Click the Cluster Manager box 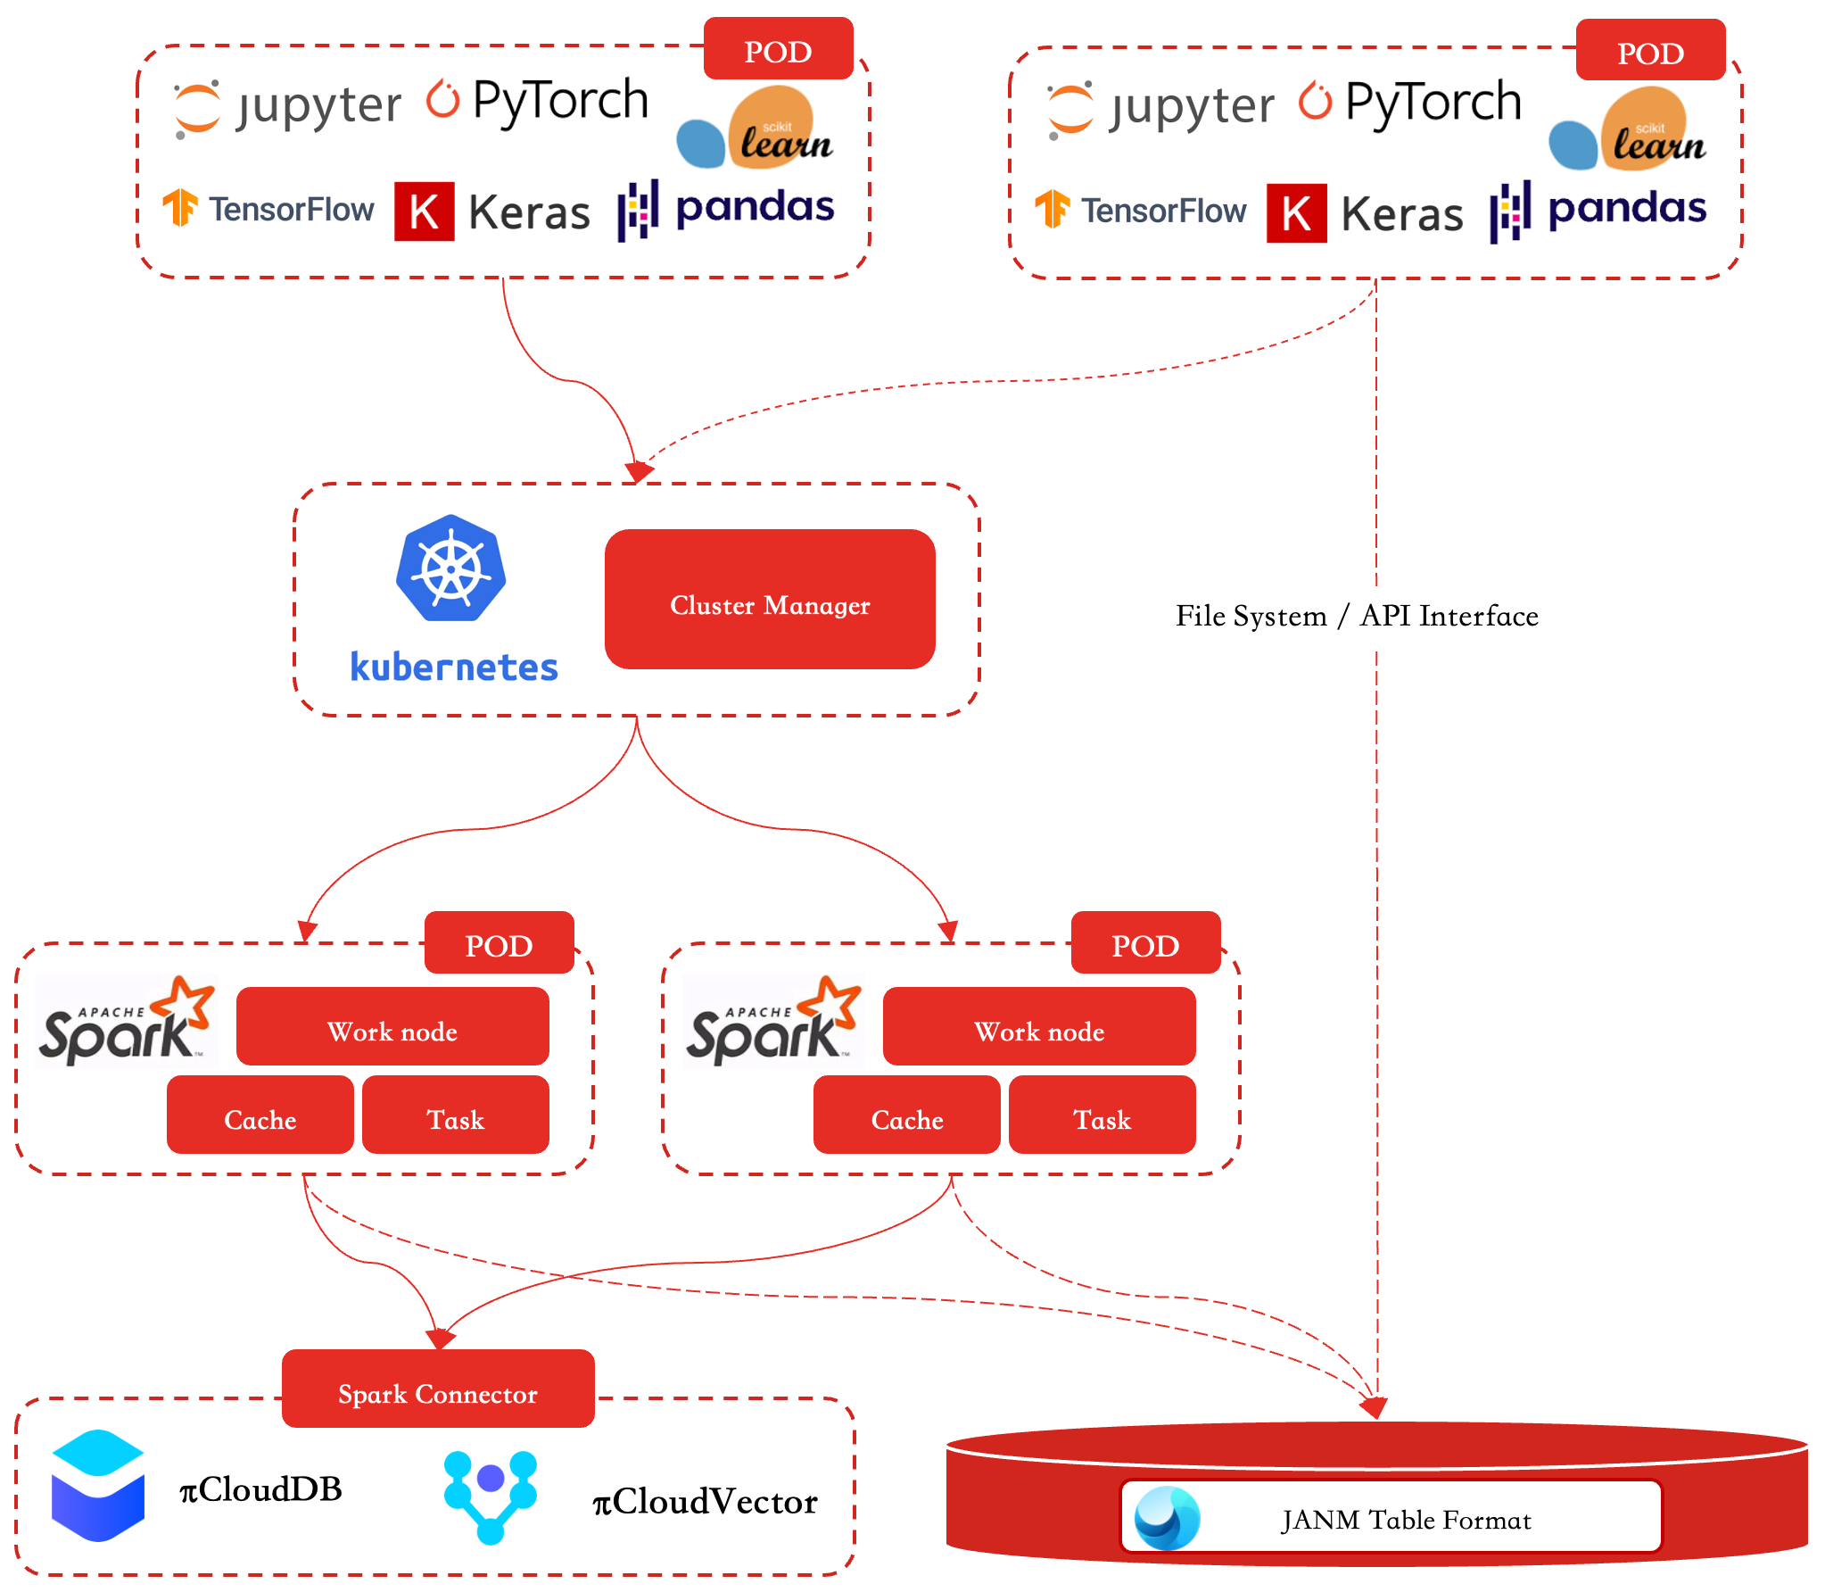(x=770, y=599)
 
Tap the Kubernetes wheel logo (x=451, y=568)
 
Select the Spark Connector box (x=438, y=1389)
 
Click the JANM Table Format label (x=1406, y=1520)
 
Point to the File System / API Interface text (x=1357, y=616)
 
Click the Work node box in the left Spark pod (x=392, y=1026)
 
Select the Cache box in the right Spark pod (x=907, y=1115)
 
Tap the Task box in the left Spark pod (x=456, y=1115)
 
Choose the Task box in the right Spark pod (x=1102, y=1115)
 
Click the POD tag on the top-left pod (x=779, y=49)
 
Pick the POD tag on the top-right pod (x=1651, y=51)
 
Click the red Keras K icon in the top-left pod (x=425, y=211)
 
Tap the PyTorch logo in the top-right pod (x=1409, y=102)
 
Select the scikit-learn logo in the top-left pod (x=755, y=128)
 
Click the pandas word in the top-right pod (x=1627, y=209)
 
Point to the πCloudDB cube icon (x=98, y=1485)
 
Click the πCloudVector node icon (x=491, y=1497)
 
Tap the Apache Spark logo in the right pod (x=772, y=1021)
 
